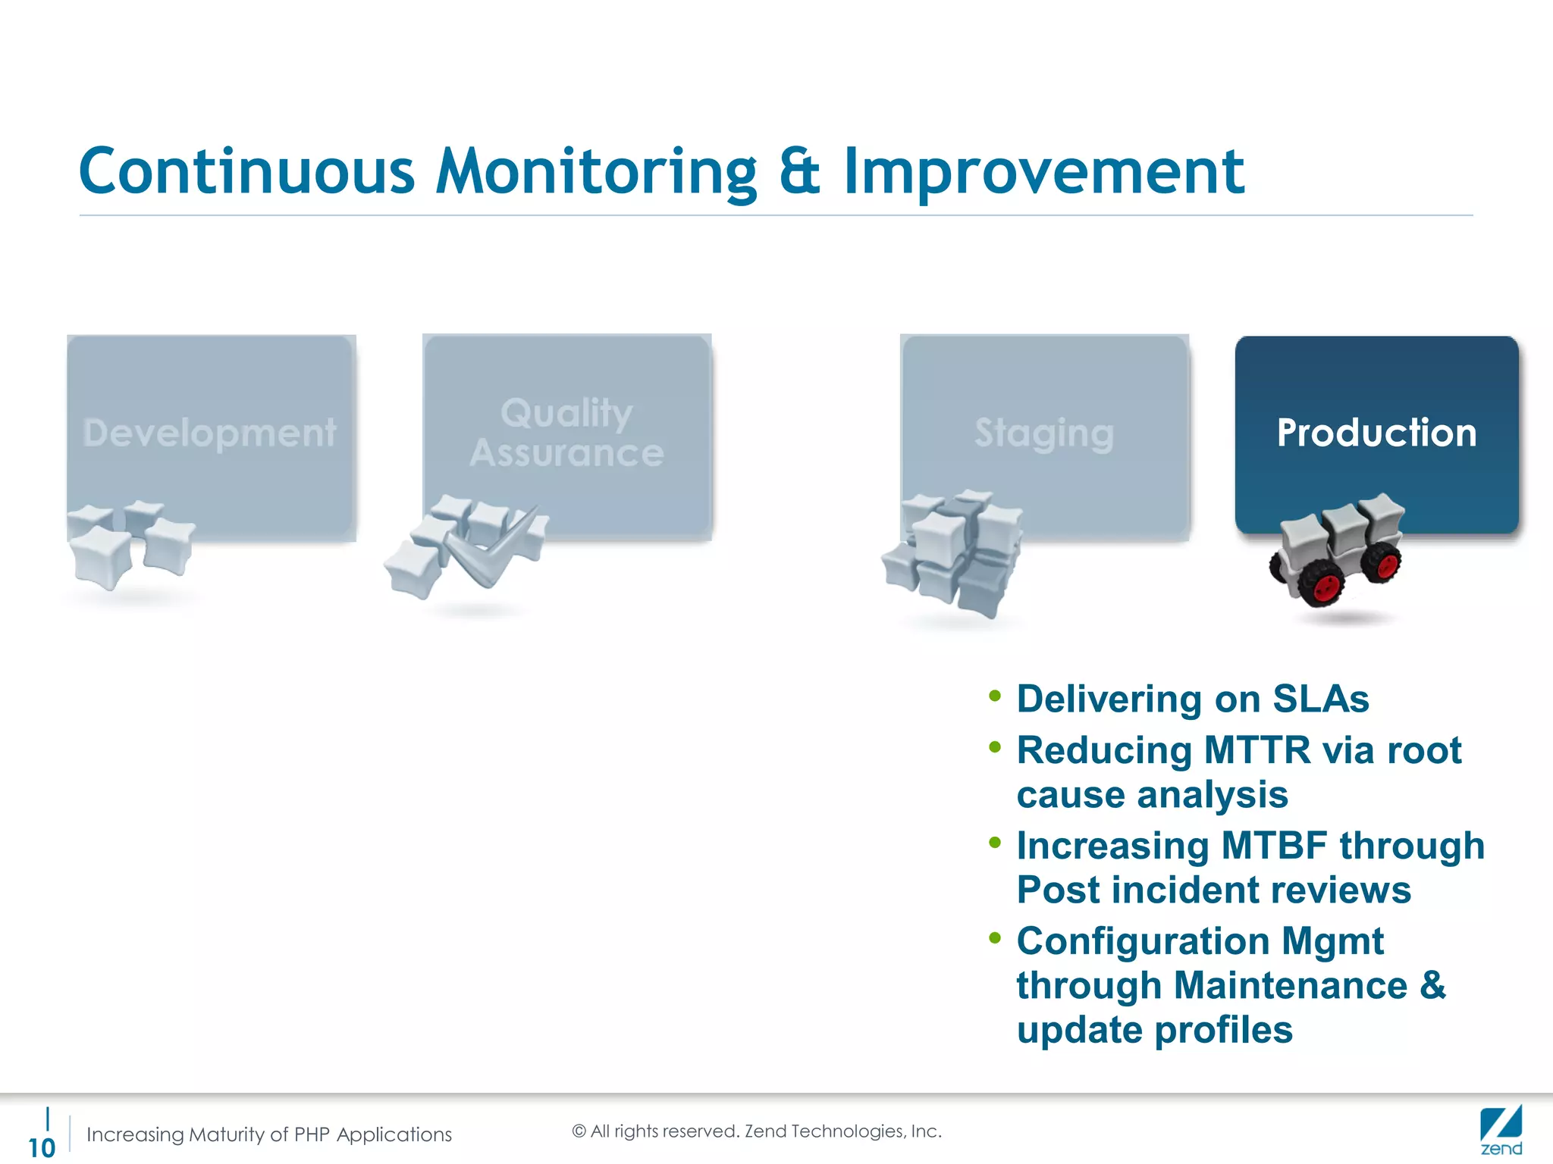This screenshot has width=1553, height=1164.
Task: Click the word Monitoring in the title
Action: (x=596, y=172)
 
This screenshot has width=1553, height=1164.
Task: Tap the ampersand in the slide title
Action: (x=799, y=172)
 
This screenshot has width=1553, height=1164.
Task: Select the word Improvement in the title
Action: (x=1043, y=172)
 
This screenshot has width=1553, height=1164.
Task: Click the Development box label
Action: (x=209, y=433)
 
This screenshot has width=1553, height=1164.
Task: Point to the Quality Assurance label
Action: (x=566, y=433)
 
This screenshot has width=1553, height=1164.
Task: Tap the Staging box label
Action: (x=1044, y=433)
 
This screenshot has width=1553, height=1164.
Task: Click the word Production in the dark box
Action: (x=1376, y=433)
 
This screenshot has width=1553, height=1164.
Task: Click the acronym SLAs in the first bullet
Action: (x=1320, y=699)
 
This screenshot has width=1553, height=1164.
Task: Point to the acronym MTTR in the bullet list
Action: (x=1257, y=751)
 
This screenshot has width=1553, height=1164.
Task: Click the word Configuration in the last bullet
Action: (x=1143, y=942)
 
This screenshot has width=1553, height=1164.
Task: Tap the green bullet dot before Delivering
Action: (x=995, y=696)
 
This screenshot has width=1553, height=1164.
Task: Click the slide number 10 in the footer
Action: (x=42, y=1147)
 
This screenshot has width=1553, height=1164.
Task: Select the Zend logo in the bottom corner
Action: (x=1501, y=1131)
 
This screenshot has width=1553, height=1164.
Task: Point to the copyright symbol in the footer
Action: (x=579, y=1131)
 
